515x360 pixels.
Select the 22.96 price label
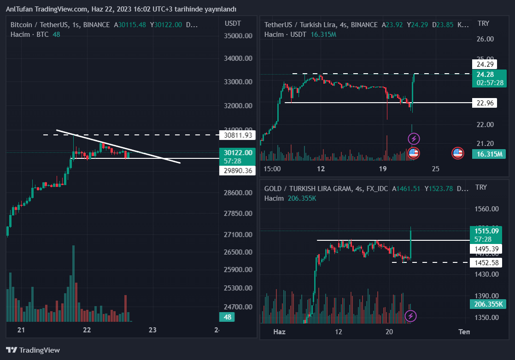tap(486, 103)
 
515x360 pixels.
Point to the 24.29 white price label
tap(486, 64)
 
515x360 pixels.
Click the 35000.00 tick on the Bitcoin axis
tap(238, 36)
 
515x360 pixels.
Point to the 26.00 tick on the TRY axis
tap(485, 39)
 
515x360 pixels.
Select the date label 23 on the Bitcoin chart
tap(153, 330)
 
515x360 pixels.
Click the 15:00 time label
tap(272, 168)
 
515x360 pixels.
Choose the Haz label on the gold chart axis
tap(280, 332)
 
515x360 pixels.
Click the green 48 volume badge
tap(227, 317)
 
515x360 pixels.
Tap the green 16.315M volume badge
tap(489, 154)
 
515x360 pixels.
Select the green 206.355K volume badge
tap(488, 304)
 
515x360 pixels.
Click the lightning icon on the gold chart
tap(410, 316)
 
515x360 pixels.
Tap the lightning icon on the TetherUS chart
tap(414, 138)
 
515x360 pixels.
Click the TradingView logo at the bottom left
tap(33, 350)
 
